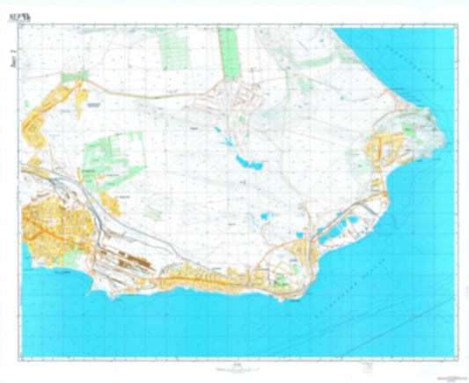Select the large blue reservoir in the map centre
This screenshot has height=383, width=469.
(247, 161)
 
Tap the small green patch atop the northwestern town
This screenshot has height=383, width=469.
(67, 78)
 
